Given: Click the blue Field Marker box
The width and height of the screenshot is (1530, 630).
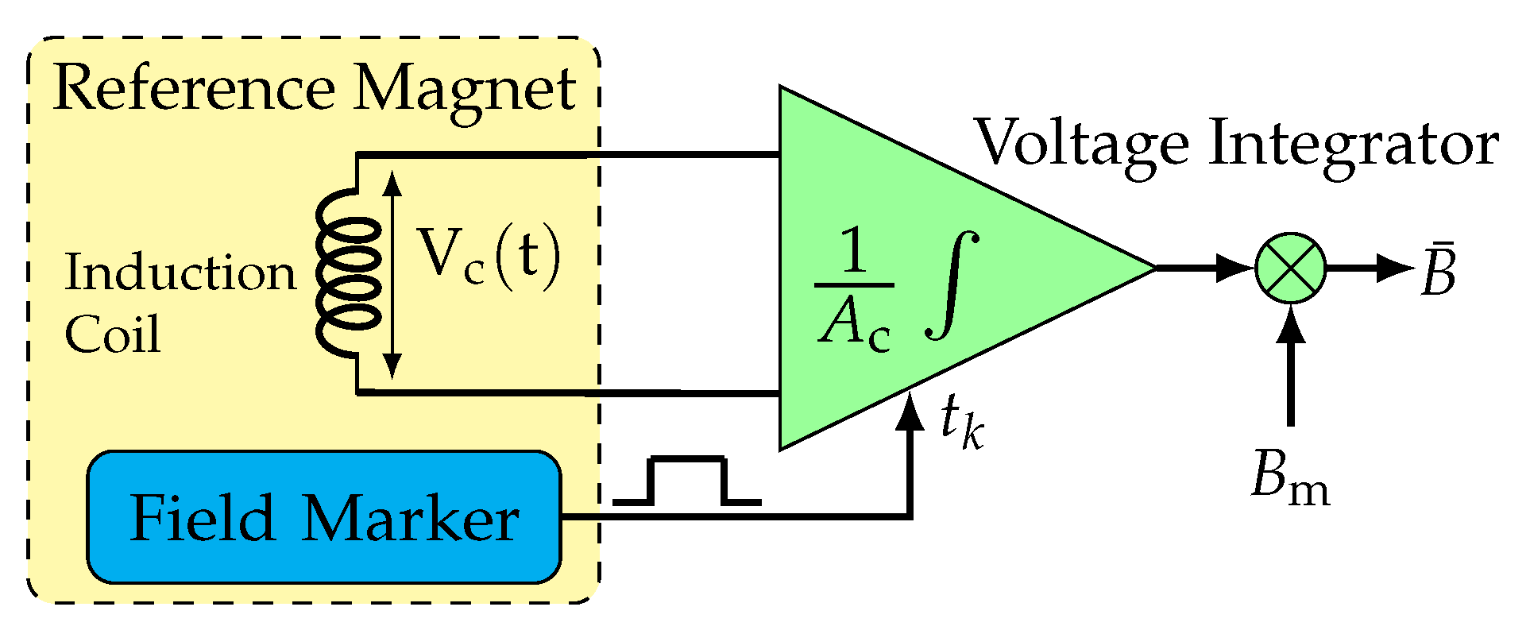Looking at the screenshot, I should click(x=323, y=517).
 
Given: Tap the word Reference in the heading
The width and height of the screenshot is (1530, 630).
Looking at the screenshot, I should click(x=195, y=90).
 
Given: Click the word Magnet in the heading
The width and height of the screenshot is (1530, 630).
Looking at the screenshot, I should click(x=465, y=90).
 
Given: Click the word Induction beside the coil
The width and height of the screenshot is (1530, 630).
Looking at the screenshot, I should click(x=180, y=272).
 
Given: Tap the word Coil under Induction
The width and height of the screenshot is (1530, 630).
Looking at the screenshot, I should click(x=112, y=334).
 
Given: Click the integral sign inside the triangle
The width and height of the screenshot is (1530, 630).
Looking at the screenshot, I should click(x=952, y=284).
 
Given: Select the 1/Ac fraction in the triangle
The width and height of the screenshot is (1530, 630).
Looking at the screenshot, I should click(x=854, y=290).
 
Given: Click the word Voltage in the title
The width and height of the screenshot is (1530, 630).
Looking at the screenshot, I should click(x=1080, y=145).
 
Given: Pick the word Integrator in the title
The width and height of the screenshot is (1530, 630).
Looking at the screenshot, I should click(x=1353, y=145).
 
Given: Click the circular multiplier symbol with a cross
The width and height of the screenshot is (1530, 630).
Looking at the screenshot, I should click(x=1290, y=268).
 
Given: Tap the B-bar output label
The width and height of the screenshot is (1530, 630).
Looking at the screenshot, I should click(x=1439, y=271).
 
